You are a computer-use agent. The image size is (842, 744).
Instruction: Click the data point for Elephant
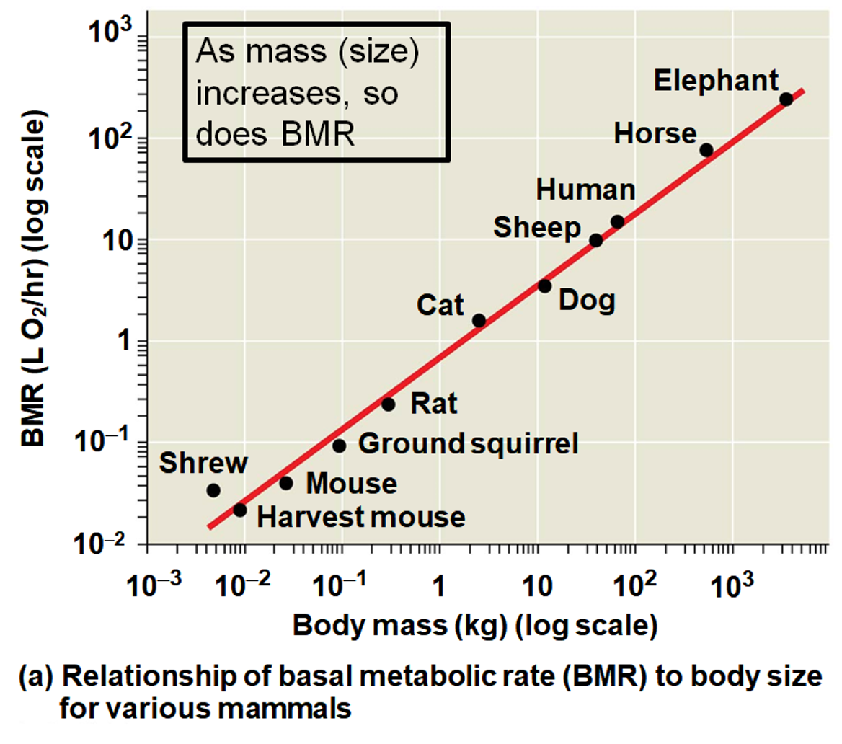[786, 99]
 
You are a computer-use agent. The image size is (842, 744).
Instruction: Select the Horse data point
[706, 150]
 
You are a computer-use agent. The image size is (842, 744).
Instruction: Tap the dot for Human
[617, 221]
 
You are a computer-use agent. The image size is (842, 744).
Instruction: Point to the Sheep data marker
[595, 240]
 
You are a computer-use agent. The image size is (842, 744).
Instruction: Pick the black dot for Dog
[544, 286]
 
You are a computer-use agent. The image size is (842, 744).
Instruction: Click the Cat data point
[479, 321]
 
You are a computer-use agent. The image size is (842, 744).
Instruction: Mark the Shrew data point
[213, 490]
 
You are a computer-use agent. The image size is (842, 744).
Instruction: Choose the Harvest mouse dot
[240, 510]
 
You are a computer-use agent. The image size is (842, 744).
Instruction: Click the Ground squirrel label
[469, 443]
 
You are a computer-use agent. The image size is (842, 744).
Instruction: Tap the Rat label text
[434, 404]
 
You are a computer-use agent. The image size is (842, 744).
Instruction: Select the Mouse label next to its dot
[351, 483]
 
